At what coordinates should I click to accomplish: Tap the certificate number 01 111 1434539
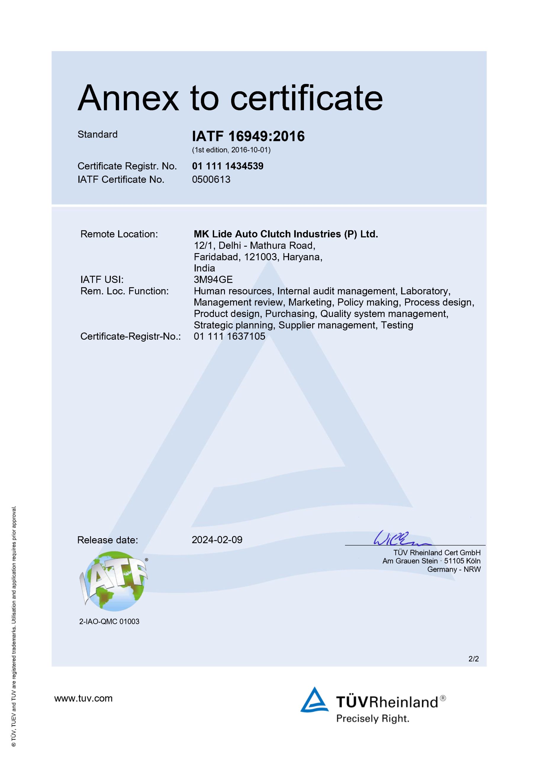click(x=228, y=166)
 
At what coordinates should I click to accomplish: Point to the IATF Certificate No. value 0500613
click(x=211, y=179)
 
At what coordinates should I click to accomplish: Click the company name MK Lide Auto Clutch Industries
click(x=286, y=234)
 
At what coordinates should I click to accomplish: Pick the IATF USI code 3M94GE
click(x=213, y=280)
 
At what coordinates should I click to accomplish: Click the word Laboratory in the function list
click(x=425, y=291)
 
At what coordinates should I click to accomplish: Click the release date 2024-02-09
click(x=217, y=540)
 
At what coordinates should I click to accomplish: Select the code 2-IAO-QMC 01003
click(x=109, y=622)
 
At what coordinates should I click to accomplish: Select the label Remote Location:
click(x=119, y=234)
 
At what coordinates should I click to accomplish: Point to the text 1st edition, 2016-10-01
click(x=231, y=150)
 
